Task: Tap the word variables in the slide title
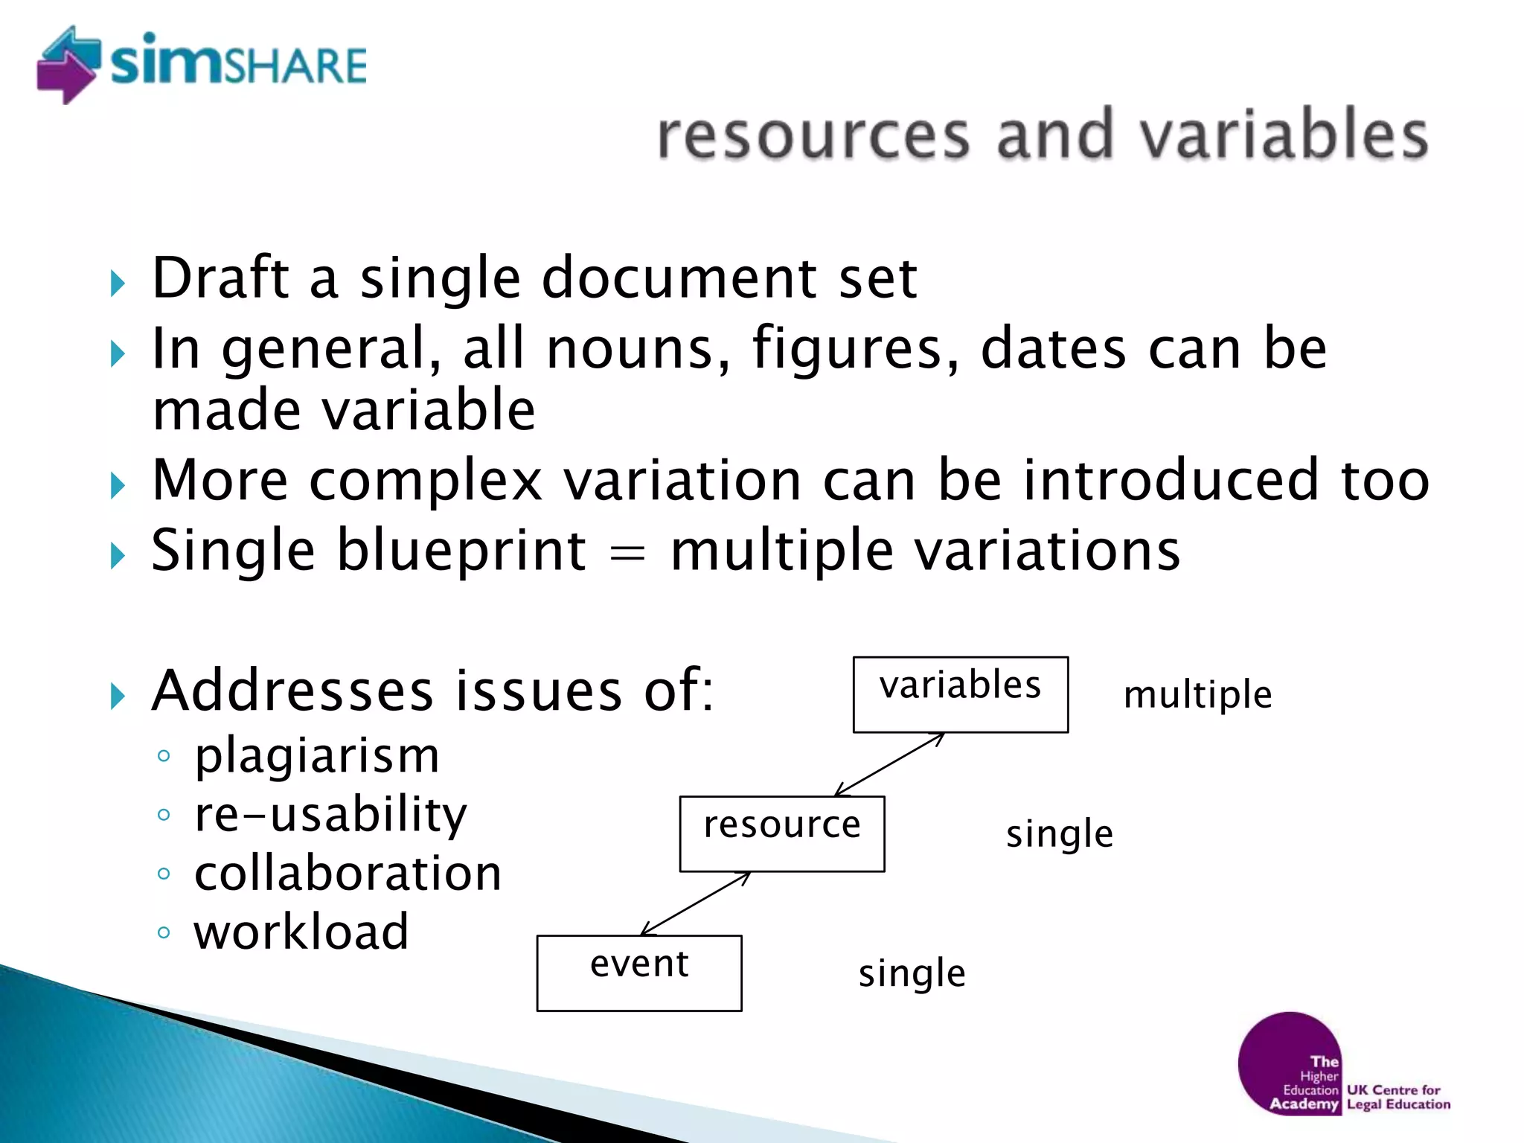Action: point(1284,135)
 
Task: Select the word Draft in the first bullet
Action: point(220,278)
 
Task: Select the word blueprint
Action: point(461,552)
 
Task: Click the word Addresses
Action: point(292,691)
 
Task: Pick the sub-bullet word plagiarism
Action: point(317,756)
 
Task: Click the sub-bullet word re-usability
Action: point(330,815)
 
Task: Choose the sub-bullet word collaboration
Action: point(348,874)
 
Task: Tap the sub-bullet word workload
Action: point(301,932)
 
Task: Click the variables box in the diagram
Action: point(960,694)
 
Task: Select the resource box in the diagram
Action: point(781,833)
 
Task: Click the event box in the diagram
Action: point(638,973)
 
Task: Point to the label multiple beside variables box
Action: point(1197,695)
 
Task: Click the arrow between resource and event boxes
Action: point(696,903)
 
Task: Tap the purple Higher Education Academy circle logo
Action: point(1290,1063)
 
